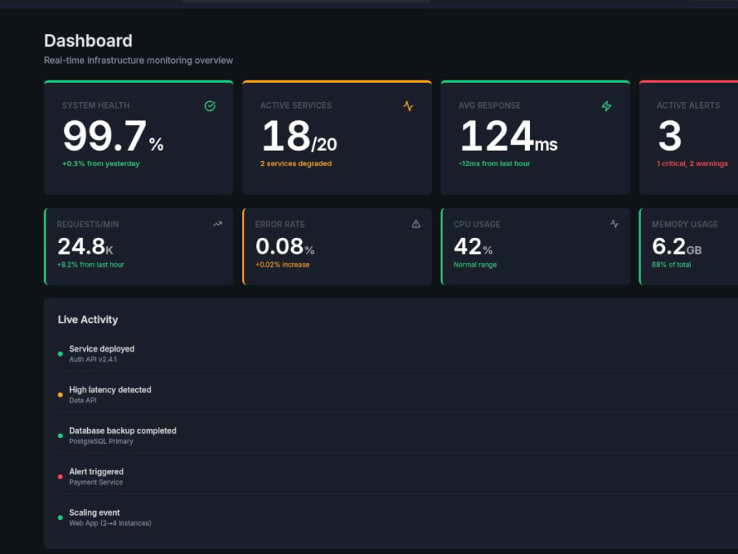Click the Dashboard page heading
(x=88, y=41)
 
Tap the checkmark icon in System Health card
(x=210, y=106)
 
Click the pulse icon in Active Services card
(x=408, y=106)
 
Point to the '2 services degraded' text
(x=296, y=163)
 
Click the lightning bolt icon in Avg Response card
(x=607, y=106)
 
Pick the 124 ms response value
(x=508, y=136)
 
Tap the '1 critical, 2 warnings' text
(x=692, y=163)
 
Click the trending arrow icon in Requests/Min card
(x=218, y=224)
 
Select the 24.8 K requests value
(x=85, y=247)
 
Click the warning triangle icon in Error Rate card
(x=416, y=224)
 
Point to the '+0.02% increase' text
(x=283, y=264)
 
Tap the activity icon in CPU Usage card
(x=614, y=224)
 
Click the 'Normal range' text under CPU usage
(x=475, y=264)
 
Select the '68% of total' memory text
(x=671, y=264)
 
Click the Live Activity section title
(x=88, y=319)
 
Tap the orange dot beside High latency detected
(x=61, y=394)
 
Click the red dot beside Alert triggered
(x=61, y=476)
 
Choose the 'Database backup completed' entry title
(x=123, y=431)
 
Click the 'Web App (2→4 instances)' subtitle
(x=110, y=523)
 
